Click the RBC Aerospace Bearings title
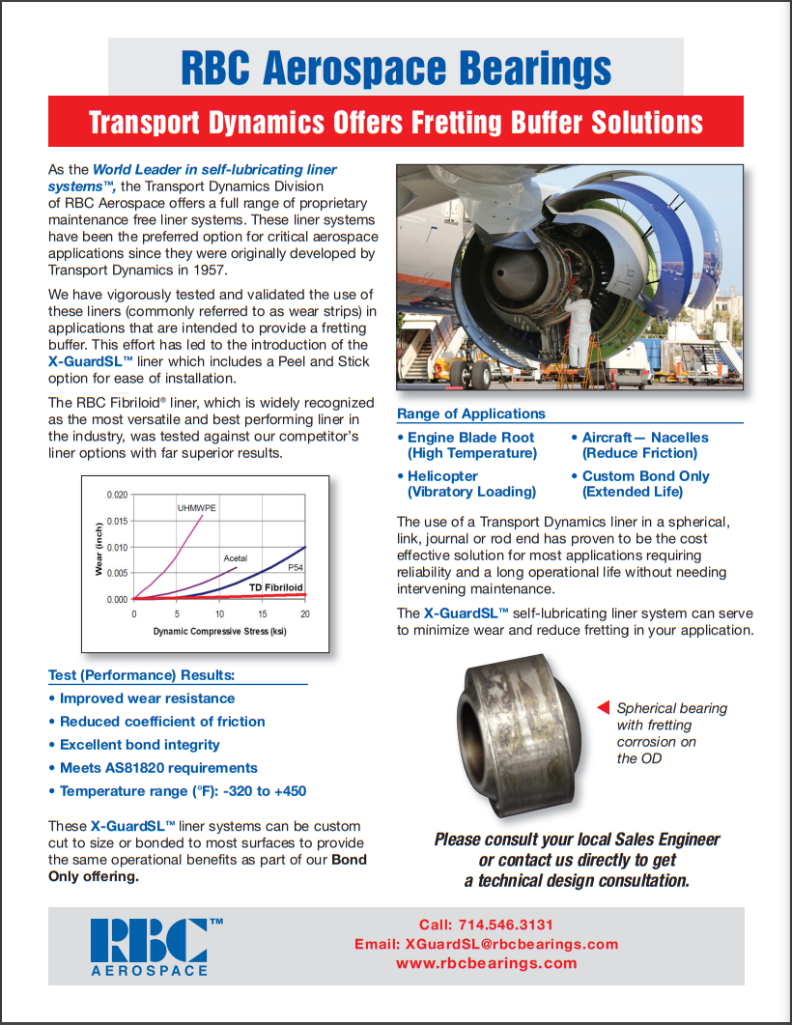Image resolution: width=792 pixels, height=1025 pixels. [x=396, y=69]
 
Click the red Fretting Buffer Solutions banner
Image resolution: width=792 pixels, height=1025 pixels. [x=396, y=122]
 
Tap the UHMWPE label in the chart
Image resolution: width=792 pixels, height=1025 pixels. [x=195, y=506]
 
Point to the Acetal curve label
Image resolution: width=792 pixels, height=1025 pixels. [x=236, y=558]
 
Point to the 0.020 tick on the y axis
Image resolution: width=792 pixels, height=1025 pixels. [x=116, y=495]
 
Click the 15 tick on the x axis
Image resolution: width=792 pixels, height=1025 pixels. [x=263, y=614]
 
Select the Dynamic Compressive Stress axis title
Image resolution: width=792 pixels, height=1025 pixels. [x=219, y=632]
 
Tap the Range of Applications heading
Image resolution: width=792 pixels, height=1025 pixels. [x=471, y=413]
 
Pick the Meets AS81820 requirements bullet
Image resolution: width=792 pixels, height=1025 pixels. [x=158, y=767]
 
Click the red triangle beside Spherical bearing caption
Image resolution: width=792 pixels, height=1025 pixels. [x=603, y=707]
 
